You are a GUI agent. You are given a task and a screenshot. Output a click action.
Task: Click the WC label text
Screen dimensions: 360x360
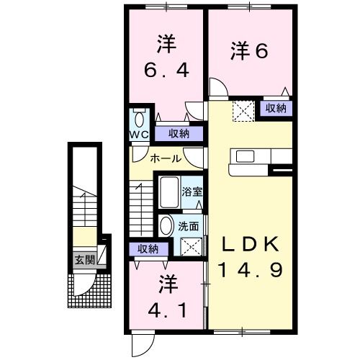click(x=139, y=135)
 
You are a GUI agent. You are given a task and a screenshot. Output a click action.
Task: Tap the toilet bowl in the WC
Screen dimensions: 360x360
click(x=139, y=120)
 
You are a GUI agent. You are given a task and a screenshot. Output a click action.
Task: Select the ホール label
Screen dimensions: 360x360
click(x=166, y=158)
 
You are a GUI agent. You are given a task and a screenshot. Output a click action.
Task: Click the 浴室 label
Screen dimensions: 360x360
click(x=192, y=192)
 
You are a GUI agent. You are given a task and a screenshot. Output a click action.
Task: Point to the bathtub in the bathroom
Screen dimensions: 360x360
click(x=169, y=192)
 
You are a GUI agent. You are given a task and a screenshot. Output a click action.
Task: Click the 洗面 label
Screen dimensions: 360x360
click(x=189, y=226)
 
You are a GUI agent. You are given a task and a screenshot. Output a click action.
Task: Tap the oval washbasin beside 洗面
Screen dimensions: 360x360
click(x=166, y=225)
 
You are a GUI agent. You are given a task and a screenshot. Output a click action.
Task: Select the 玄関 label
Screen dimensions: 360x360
click(x=84, y=260)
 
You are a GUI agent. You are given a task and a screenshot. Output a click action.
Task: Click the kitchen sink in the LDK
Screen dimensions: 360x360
click(x=245, y=156)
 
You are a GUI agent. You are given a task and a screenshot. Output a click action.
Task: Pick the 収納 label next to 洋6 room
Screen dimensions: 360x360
click(x=276, y=109)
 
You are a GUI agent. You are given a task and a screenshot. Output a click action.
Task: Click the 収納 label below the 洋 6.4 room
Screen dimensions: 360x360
click(x=179, y=133)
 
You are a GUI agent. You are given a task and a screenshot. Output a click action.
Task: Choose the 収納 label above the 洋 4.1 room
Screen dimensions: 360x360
click(x=148, y=249)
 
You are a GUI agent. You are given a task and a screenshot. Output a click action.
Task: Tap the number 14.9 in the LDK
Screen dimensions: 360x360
click(x=251, y=269)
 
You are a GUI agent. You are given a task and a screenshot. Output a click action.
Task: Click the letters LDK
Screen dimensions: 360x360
click(x=251, y=244)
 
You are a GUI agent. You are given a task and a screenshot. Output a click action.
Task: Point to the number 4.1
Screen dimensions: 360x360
click(x=167, y=312)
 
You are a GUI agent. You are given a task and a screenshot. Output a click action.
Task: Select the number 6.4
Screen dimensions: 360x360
click(x=166, y=70)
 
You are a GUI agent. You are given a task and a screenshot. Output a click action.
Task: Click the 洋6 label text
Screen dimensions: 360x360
click(x=249, y=50)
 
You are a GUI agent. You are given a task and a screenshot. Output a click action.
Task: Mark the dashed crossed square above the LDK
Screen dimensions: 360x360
click(x=244, y=111)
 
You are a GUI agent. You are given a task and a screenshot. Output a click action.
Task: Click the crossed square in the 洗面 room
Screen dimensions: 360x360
click(x=192, y=246)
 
